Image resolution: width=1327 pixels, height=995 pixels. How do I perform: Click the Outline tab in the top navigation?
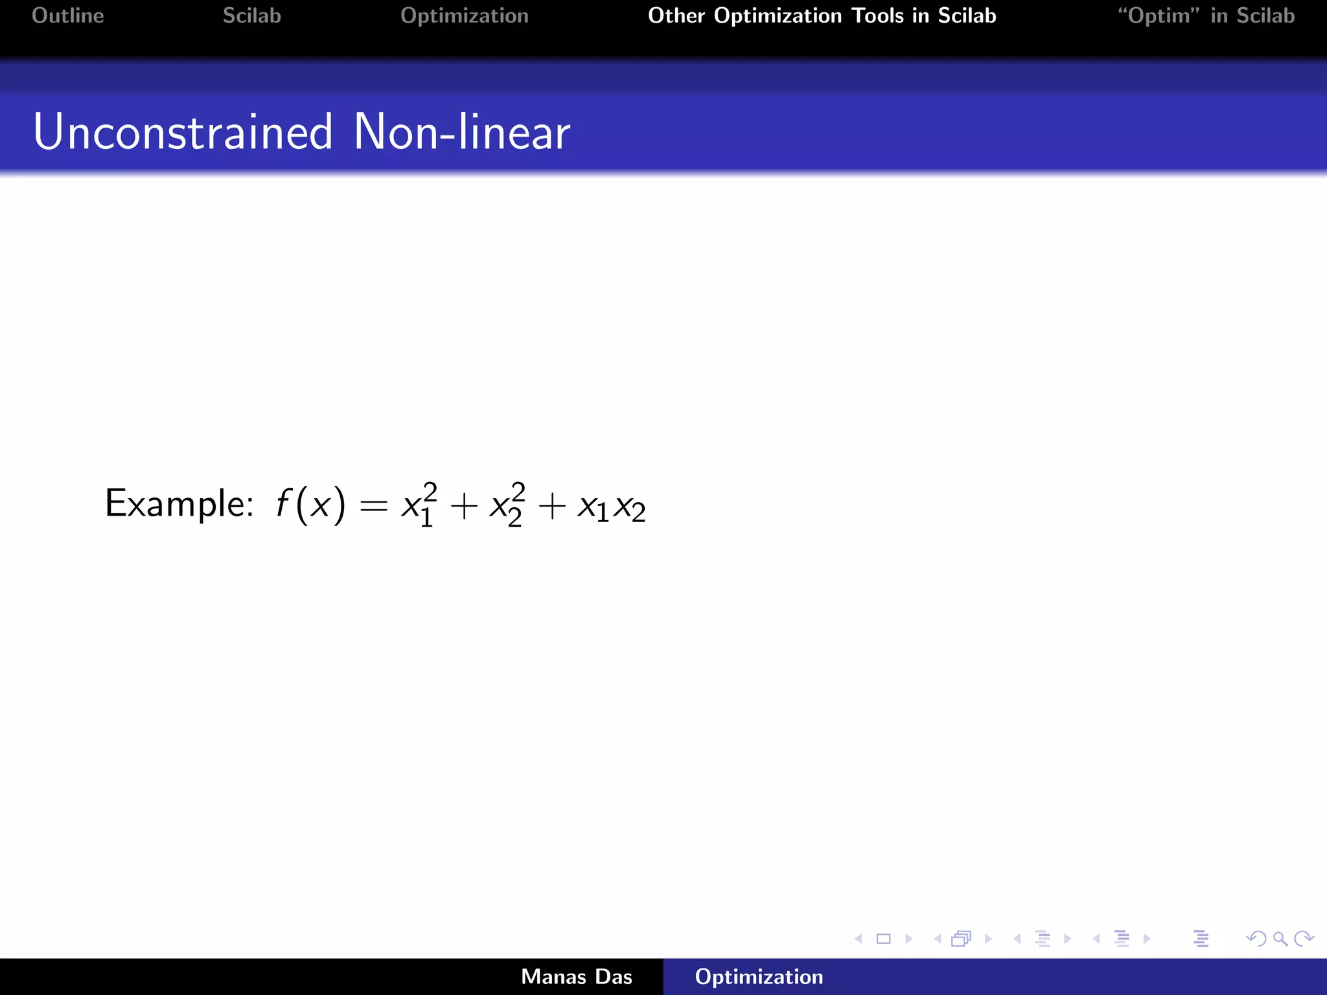tap(67, 16)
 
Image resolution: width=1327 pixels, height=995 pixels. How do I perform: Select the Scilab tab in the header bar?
tap(251, 16)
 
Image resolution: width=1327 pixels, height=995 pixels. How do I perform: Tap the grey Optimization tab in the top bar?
tap(464, 16)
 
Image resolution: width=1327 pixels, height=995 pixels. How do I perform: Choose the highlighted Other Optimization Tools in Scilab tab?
tap(822, 16)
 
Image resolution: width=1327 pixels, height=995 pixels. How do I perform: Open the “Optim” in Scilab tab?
tap(1206, 16)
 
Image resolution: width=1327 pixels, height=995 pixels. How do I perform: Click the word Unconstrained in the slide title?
tap(183, 132)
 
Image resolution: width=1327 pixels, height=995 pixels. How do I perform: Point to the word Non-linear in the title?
tap(461, 132)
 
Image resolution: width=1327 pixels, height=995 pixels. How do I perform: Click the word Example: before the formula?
tap(179, 504)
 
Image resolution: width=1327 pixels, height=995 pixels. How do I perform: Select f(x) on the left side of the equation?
tap(310, 504)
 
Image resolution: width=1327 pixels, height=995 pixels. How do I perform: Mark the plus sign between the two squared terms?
tap(463, 506)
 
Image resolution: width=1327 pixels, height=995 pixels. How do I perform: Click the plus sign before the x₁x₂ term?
tap(552, 506)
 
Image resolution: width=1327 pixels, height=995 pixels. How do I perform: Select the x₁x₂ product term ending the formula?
tap(611, 507)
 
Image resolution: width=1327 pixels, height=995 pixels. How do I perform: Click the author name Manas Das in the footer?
tap(576, 977)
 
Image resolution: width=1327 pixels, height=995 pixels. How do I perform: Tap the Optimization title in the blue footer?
tap(759, 977)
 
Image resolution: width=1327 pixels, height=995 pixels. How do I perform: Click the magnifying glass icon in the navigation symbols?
tap(1280, 939)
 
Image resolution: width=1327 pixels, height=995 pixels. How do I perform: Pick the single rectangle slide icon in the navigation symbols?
tap(883, 939)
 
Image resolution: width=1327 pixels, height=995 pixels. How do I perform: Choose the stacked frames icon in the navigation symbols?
tap(962, 939)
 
